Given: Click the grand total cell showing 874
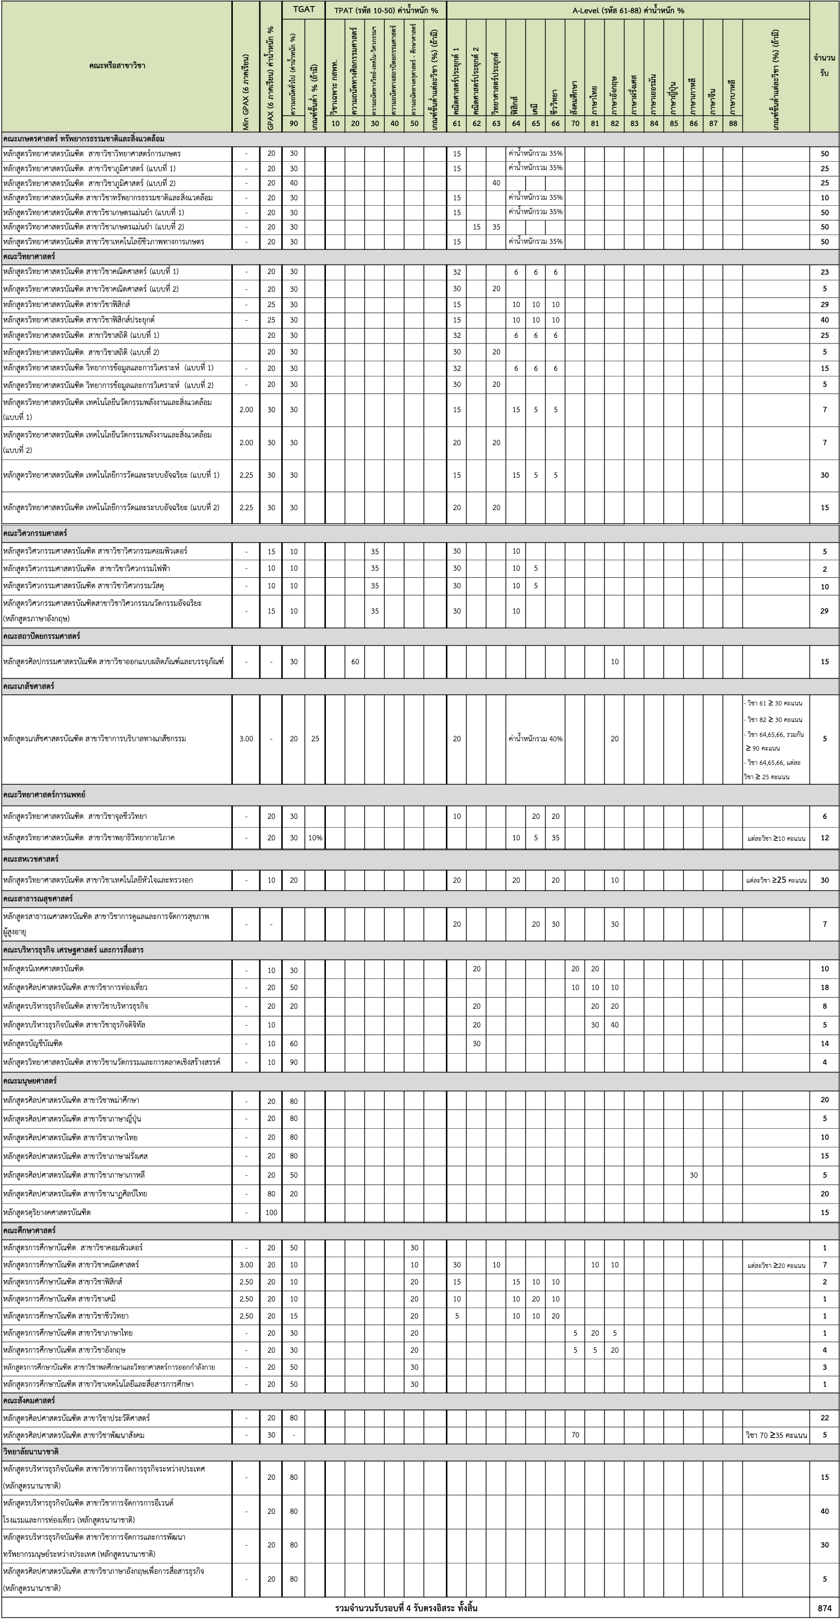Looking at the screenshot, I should pyautogui.click(x=824, y=1607).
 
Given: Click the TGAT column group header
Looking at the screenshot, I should pyautogui.click(x=304, y=9).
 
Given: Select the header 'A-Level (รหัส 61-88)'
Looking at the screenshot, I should pyautogui.click(x=628, y=10).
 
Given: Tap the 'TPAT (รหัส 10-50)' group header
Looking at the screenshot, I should pyautogui.click(x=385, y=10).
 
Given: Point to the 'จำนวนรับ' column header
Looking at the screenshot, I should pyautogui.click(x=824, y=65).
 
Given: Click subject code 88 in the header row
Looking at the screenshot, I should pyautogui.click(x=733, y=123).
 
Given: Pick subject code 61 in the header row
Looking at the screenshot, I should pyautogui.click(x=456, y=123).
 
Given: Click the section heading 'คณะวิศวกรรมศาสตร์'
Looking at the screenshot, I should pyautogui.click(x=35, y=533).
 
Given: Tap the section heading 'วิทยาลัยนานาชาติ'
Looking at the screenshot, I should pyautogui.click(x=31, y=1451).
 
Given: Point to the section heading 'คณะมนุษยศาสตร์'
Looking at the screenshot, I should pyautogui.click(x=30, y=1080).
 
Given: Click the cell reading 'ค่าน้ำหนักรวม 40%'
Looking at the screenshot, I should pyautogui.click(x=535, y=739).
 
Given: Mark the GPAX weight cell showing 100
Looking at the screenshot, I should pyautogui.click(x=271, y=1212).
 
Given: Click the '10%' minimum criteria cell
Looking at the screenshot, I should pyautogui.click(x=315, y=838).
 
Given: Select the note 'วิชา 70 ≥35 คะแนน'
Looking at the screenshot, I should pyautogui.click(x=776, y=1435).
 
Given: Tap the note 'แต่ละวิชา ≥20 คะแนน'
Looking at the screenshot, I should pyautogui.click(x=776, y=1265).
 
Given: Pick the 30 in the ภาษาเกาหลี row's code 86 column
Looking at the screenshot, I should pyautogui.click(x=693, y=1175).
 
